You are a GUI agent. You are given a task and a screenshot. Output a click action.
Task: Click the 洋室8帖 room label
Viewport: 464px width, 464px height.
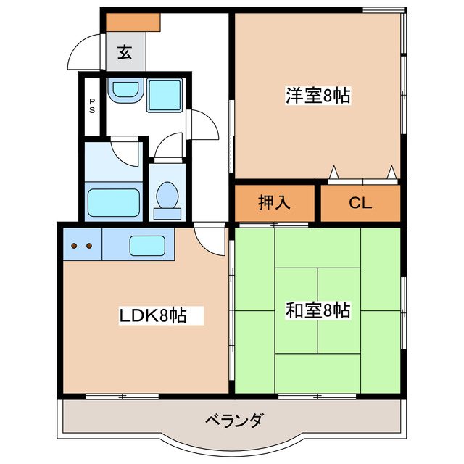pos(318,95)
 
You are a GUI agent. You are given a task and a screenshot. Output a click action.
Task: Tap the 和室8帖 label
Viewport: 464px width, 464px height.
pos(318,311)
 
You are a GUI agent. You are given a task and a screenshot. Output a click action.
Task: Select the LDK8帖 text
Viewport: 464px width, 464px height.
pos(153,315)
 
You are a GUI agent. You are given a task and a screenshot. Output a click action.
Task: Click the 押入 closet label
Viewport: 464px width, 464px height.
pos(275,202)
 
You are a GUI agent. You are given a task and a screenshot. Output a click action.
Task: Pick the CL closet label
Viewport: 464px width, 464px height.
pos(360,202)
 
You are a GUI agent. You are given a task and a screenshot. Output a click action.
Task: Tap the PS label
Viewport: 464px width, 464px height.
pos(92,107)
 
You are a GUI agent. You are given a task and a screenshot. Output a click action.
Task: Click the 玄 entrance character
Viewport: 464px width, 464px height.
pos(125,52)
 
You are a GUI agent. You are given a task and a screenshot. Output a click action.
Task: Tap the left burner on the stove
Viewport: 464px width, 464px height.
pos(74,246)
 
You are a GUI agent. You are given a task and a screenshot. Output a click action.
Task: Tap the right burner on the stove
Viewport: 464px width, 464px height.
pos(89,246)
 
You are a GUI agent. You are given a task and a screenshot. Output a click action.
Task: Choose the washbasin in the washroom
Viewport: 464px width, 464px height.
pos(125,92)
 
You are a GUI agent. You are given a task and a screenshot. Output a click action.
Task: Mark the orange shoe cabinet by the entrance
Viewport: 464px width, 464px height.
pos(133,22)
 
